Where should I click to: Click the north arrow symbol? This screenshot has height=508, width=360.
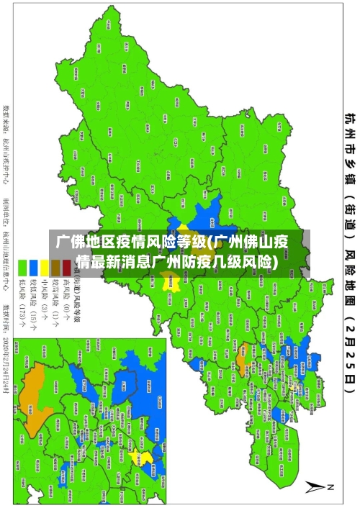315,488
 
